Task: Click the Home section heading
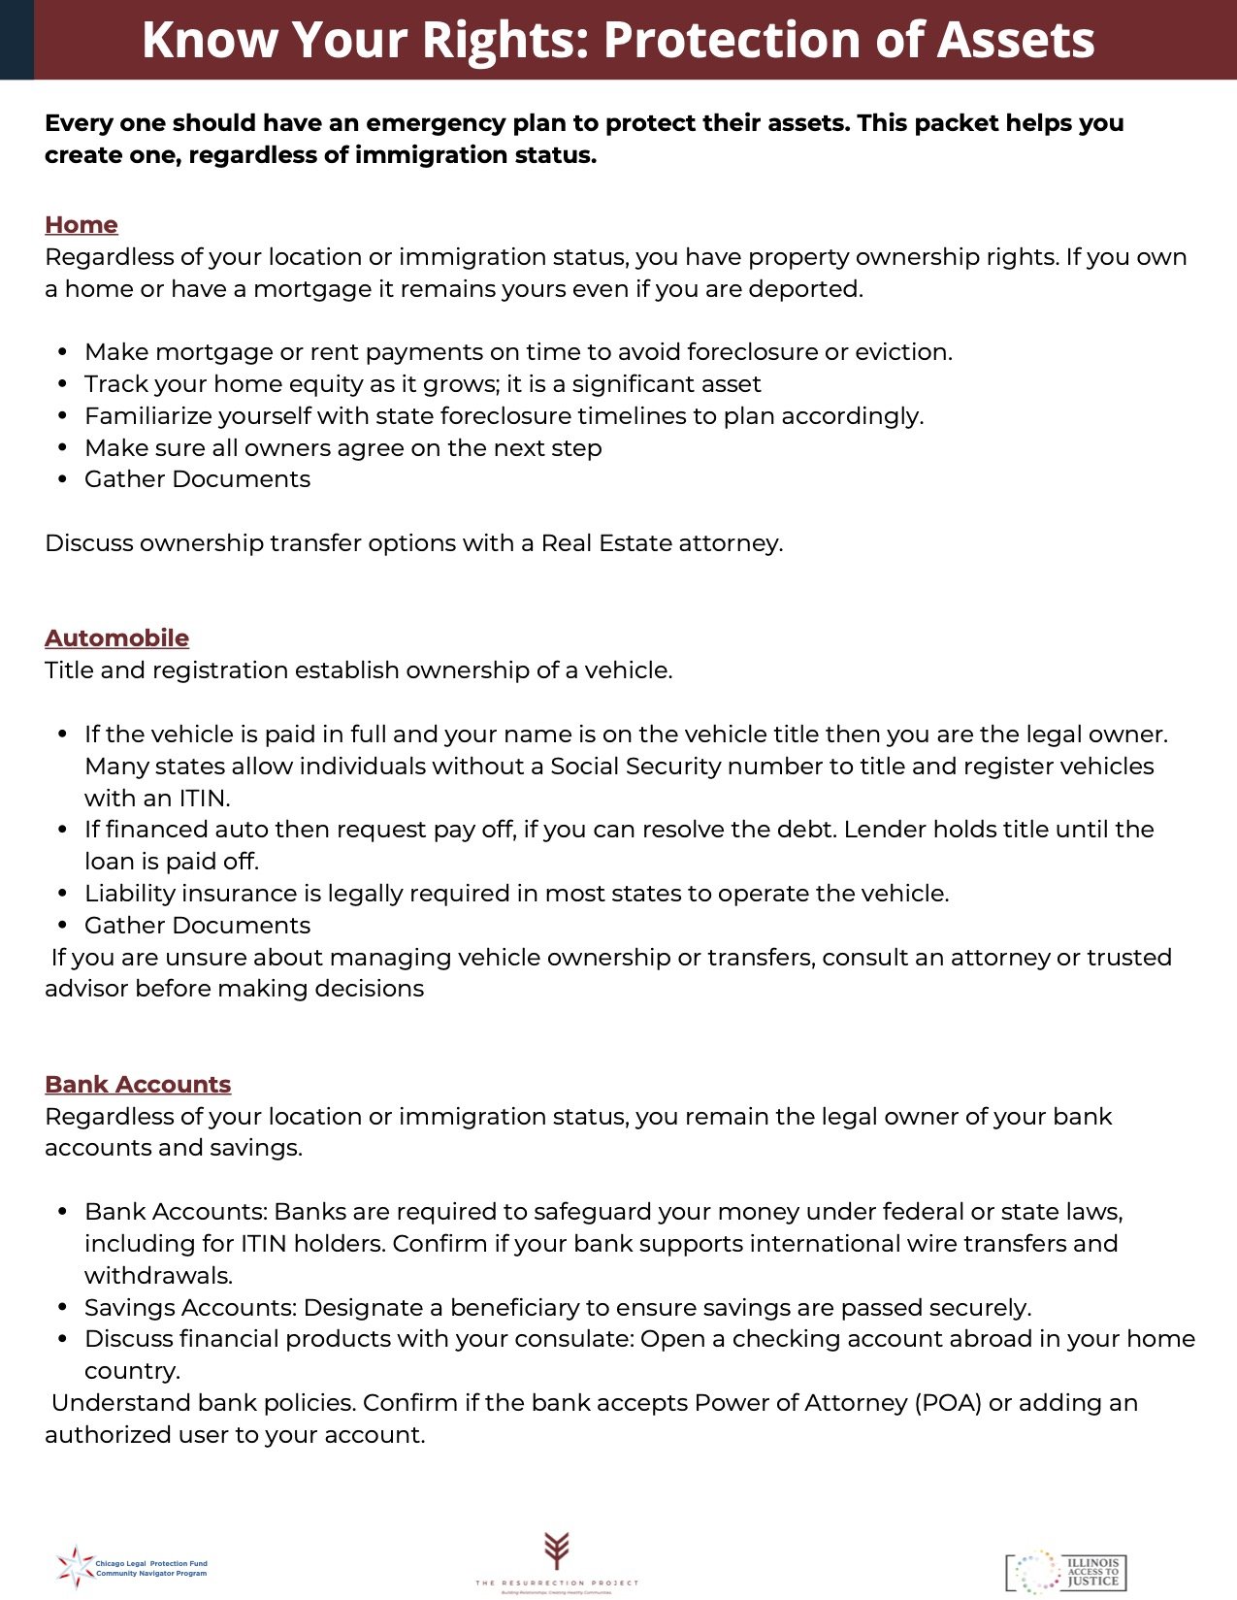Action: [x=81, y=225]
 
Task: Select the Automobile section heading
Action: [x=116, y=638]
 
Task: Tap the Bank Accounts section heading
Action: [x=138, y=1085]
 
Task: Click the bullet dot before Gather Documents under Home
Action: [x=63, y=480]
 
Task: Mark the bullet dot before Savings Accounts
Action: [x=63, y=1309]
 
